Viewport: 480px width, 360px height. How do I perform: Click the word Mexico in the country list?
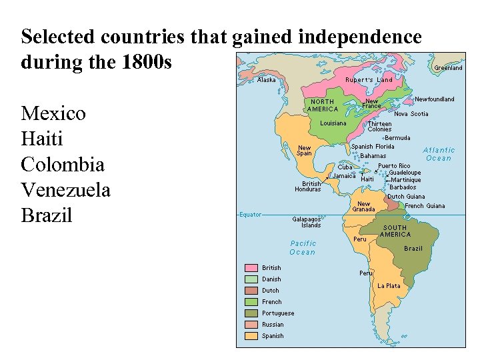pos(53,113)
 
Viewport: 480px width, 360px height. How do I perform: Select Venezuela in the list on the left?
pos(65,191)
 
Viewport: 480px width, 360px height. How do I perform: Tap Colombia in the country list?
pos(63,165)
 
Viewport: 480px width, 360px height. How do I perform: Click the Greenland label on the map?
pos(448,68)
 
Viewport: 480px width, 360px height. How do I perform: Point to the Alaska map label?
pos(267,80)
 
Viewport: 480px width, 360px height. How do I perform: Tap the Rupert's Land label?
pos(369,80)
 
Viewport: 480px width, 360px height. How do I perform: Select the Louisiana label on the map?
pos(333,123)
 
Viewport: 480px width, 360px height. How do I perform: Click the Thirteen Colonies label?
pos(380,127)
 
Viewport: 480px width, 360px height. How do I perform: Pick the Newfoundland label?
pos(435,99)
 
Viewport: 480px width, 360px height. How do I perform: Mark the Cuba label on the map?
pos(345,167)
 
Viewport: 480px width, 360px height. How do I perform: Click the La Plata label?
pos(389,286)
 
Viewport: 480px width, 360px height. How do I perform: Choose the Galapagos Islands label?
pos(307,222)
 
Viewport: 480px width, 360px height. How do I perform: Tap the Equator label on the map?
pos(251,215)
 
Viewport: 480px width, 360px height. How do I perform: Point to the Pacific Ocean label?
pos(303,248)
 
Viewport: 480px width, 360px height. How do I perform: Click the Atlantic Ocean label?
pos(439,154)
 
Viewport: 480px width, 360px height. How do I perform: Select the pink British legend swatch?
pos(251,268)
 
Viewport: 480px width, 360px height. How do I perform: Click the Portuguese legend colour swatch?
pos(251,313)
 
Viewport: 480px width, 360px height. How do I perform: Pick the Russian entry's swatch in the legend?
pos(251,325)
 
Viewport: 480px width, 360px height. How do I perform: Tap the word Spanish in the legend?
pos(273,336)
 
